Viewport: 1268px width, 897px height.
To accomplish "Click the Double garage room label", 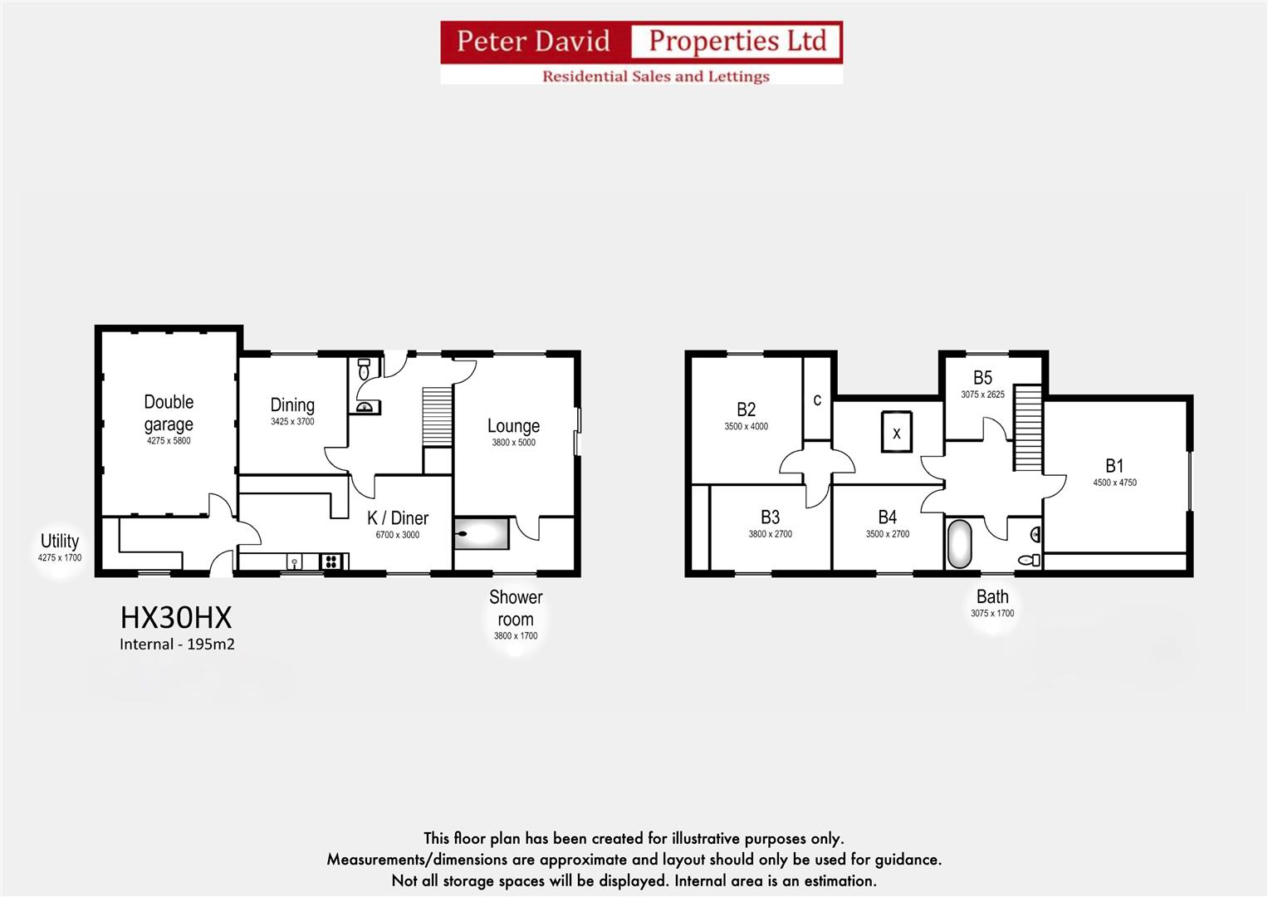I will tap(169, 413).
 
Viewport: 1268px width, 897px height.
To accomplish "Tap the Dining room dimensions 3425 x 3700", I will tap(292, 422).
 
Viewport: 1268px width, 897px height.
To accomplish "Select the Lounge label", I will tap(513, 426).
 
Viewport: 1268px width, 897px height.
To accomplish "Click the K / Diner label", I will tap(398, 518).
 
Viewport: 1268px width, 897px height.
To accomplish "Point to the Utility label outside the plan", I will tap(60, 542).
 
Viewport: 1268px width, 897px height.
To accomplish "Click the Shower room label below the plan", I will tap(515, 609).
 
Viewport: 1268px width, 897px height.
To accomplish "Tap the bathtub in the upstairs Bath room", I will tap(959, 545).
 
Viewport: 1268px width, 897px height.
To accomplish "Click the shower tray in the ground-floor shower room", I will tap(482, 533).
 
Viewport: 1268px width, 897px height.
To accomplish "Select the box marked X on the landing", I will tap(896, 433).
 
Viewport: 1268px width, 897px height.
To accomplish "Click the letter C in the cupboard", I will tap(817, 400).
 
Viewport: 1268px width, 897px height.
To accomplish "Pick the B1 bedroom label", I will tap(1114, 466).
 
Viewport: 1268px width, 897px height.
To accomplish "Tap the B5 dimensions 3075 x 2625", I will tap(982, 395).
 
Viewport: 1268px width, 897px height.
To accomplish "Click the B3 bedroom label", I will tap(770, 517).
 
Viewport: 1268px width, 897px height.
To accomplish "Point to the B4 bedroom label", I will tap(887, 517).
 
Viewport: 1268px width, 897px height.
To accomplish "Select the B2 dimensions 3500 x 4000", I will tap(746, 427).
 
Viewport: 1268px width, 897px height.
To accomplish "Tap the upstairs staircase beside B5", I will tap(1027, 429).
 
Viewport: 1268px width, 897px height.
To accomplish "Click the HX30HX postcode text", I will tap(176, 618).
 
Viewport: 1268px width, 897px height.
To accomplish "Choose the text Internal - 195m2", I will tap(177, 645).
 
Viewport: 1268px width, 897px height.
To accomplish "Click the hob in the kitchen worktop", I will tap(331, 562).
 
